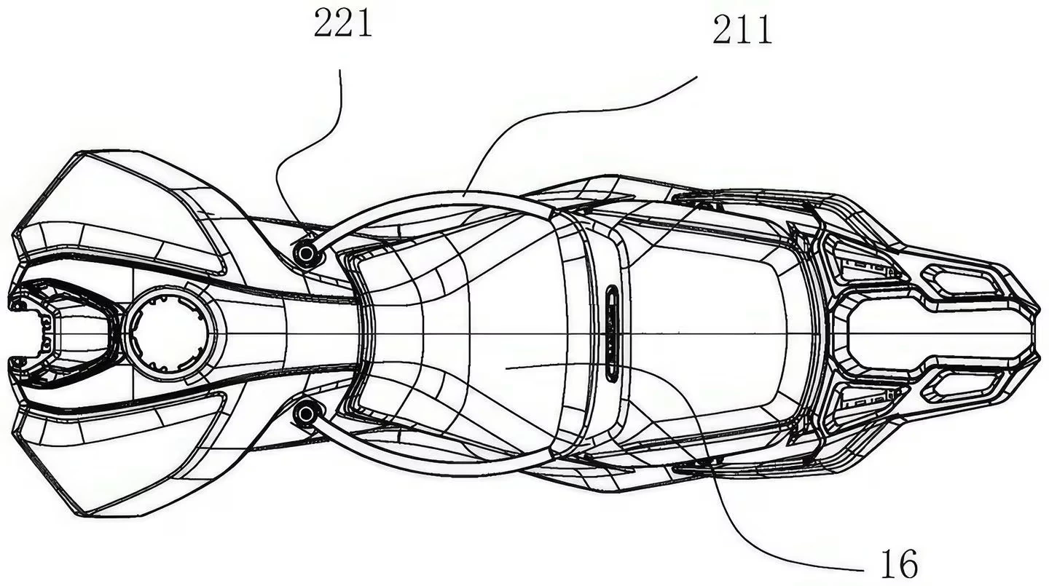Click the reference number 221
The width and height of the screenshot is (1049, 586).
coord(343,23)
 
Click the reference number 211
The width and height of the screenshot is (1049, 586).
coord(742,30)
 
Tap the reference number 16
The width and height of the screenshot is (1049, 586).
coord(899,564)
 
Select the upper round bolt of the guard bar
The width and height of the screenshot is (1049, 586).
coord(306,253)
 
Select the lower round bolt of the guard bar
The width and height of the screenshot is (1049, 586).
coord(306,413)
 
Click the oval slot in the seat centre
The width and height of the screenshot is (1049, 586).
coord(612,333)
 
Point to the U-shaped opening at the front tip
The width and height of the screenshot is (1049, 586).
coord(61,333)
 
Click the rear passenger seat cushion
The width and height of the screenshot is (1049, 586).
coord(712,333)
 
